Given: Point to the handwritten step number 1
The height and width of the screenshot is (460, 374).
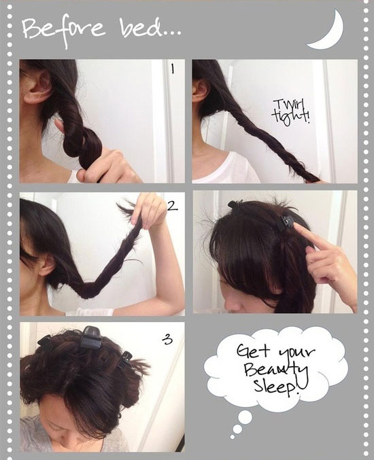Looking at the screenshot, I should tap(173, 69).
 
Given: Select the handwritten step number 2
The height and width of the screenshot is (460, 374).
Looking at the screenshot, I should tap(173, 208).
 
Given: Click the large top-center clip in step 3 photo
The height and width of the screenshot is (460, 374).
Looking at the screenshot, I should tap(91, 334).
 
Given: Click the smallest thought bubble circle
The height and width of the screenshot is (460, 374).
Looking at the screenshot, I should tap(232, 434).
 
